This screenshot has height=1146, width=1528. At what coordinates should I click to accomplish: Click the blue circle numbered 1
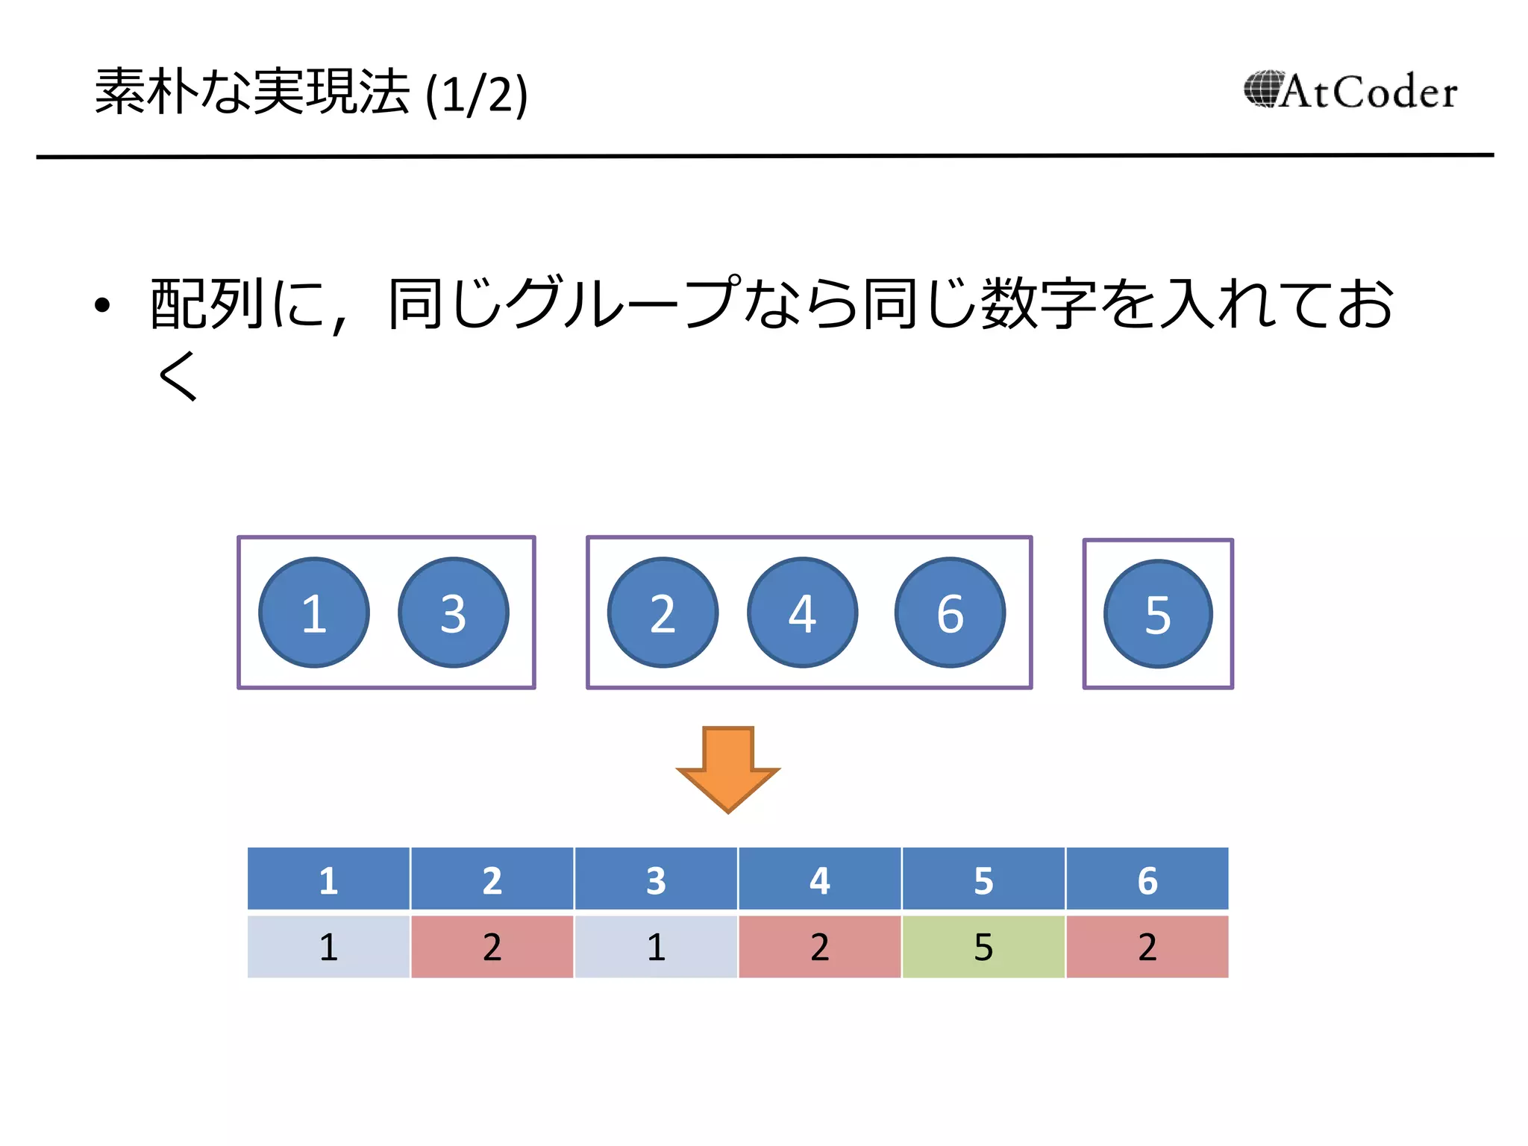pos(314,613)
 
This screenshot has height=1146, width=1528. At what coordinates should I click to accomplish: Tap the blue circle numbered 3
pos(454,613)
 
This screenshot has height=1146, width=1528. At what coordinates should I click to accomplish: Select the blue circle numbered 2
pos(663,613)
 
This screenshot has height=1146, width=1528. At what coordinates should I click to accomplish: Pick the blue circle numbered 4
pos(803,613)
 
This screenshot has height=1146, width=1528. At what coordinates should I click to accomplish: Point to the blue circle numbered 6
pos(950,613)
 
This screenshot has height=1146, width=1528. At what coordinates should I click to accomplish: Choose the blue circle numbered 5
pos(1158,614)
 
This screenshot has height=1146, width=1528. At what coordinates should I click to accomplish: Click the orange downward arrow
pos(727,768)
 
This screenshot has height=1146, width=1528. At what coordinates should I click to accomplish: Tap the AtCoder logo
pos(1350,92)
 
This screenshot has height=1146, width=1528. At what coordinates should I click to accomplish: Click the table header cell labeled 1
pos(328,879)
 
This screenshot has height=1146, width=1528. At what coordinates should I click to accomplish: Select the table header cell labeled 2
pos(492,879)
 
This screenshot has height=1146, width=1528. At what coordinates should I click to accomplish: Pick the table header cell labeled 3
pos(656,879)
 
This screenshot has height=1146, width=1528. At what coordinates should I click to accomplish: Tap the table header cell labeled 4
pos(819,879)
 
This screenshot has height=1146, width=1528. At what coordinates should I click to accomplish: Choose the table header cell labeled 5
pos(983,879)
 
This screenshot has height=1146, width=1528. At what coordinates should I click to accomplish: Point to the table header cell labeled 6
pos(1147,879)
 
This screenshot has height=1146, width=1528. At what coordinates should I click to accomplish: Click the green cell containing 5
pos(983,947)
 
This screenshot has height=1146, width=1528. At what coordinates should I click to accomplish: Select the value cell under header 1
pos(328,947)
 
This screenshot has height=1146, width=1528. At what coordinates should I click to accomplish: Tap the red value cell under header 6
pos(1147,947)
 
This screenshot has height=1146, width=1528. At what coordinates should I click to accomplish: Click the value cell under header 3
pos(656,947)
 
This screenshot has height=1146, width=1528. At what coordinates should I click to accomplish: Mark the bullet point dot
pos(102,305)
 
